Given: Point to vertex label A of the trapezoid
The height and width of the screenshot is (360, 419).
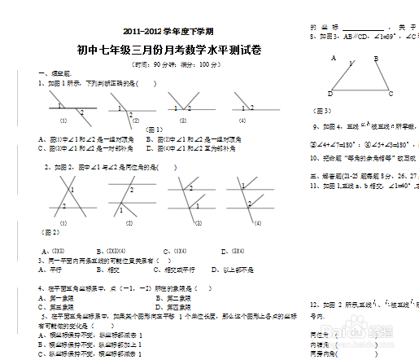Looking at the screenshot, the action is [334, 58].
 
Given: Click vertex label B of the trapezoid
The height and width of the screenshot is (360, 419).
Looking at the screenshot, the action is [376, 58].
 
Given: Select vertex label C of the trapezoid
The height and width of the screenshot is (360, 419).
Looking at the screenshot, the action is [391, 93].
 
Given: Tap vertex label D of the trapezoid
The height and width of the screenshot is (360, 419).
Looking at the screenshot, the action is [330, 93].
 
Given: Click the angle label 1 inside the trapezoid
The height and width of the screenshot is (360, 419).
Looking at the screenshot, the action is [351, 64].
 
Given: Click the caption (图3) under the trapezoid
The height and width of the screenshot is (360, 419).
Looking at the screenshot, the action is [323, 110].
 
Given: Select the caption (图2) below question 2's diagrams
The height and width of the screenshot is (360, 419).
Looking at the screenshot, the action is [50, 232].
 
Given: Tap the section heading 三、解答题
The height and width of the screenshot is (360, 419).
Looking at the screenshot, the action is [325, 175].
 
